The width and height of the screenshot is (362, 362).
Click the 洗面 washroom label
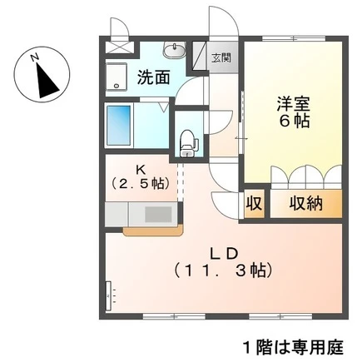(x=154, y=77)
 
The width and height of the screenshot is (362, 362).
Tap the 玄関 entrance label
(x=221, y=58)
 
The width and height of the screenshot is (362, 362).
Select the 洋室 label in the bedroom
(x=293, y=104)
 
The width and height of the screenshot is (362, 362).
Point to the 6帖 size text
(x=294, y=121)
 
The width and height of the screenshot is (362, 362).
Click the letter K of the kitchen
(x=139, y=170)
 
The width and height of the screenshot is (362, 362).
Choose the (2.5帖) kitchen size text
(x=140, y=183)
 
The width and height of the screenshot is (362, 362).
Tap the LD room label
(x=223, y=254)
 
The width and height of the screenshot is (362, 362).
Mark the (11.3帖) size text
(x=223, y=270)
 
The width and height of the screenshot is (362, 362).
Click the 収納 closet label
(x=306, y=204)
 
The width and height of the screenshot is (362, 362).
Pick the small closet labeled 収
(x=254, y=204)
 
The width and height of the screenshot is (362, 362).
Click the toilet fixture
(x=189, y=143)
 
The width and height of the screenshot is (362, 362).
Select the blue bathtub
(x=119, y=125)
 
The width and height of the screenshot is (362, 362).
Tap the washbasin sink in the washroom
(x=174, y=51)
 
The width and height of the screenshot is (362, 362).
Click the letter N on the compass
(x=35, y=57)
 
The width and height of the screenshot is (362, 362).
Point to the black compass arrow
(x=47, y=81)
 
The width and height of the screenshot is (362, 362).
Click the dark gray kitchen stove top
(x=158, y=215)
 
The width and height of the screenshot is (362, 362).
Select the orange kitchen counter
(x=153, y=231)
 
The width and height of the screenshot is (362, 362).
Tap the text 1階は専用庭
(x=293, y=347)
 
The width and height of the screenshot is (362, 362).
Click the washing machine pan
(x=117, y=77)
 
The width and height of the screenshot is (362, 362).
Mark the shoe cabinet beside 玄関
(x=200, y=56)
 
